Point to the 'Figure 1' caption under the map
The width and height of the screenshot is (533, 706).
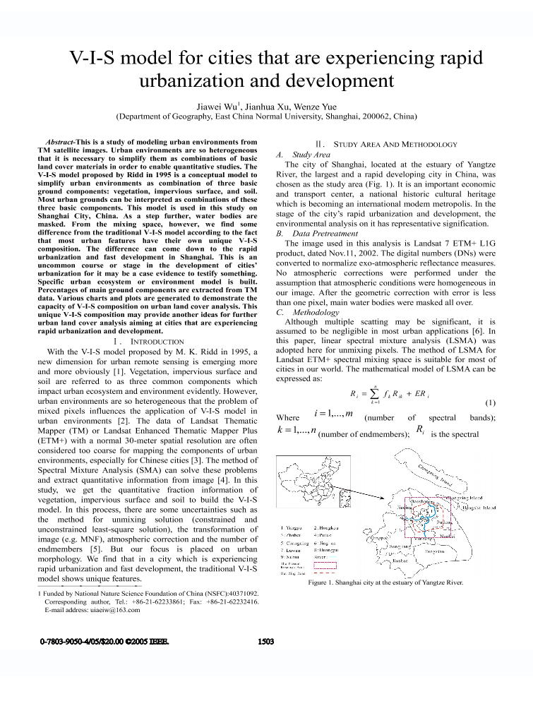[385, 582]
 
